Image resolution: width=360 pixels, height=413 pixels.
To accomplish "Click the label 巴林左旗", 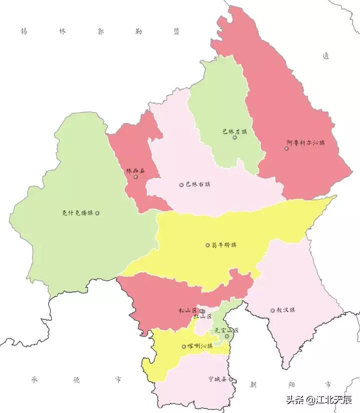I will pos(234,132).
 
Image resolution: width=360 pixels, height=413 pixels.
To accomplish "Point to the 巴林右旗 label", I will pos(198,184).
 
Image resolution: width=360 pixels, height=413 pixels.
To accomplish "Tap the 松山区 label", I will pos(188,310).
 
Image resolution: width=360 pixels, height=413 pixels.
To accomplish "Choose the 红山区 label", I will pos(203,317).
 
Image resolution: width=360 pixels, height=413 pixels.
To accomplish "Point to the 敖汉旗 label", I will pos(285,310).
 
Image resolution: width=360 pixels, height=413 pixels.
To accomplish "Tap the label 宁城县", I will pos(218,379).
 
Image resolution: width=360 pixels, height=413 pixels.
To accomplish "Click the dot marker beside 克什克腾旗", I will pos(97,213).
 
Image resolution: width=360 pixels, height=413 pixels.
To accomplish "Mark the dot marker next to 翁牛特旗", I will pos(208,245).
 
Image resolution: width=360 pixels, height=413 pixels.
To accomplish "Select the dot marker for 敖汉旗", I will pos(272,310).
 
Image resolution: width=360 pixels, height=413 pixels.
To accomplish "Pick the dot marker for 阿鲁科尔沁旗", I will pos(287,148).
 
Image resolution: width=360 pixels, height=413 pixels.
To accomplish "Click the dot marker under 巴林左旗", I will pos(234,137).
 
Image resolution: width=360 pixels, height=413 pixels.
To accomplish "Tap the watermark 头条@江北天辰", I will pos(318,399).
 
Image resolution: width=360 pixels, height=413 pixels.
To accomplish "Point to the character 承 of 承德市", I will pos(35,379).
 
